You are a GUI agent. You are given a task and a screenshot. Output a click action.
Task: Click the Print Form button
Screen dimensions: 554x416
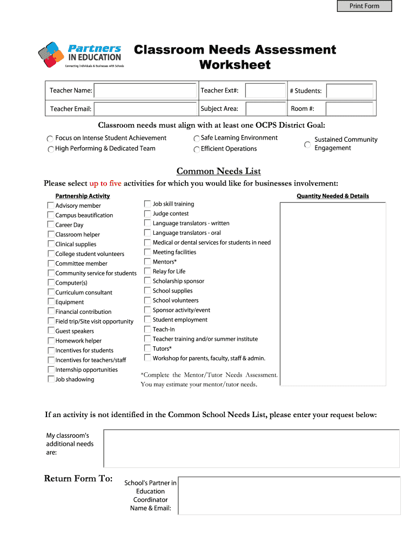[364, 6]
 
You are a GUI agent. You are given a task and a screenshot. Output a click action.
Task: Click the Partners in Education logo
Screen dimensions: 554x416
[81, 55]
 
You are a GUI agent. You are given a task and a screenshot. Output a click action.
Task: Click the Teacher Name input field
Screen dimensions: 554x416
[145, 90]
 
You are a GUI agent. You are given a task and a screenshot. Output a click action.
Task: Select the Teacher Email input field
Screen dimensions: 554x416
[145, 109]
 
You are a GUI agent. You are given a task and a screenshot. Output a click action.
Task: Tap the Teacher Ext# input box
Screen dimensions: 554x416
[265, 90]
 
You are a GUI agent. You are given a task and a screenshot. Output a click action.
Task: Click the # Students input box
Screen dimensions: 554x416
[350, 91]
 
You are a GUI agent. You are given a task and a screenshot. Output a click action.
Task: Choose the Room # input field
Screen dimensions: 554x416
[350, 109]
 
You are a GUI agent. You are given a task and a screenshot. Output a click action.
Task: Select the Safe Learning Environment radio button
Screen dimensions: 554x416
[197, 138]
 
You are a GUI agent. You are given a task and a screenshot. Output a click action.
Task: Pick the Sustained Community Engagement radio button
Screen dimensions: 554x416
[307, 144]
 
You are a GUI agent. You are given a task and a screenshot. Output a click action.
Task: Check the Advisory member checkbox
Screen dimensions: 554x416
[51, 206]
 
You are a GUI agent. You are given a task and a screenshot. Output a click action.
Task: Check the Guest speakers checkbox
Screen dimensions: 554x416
[51, 331]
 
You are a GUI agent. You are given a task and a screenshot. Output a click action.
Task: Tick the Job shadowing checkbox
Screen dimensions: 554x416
[51, 379]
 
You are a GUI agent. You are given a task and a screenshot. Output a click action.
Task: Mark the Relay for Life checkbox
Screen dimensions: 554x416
[147, 272]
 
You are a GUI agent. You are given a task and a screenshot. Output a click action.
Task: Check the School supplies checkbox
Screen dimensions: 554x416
[147, 291]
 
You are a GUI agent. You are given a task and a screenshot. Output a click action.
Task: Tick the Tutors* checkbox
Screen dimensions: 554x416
[147, 348]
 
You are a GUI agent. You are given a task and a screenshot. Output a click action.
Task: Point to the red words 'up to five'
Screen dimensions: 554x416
[105, 183]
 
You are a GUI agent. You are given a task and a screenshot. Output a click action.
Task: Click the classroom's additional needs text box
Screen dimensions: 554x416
[251, 449]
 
